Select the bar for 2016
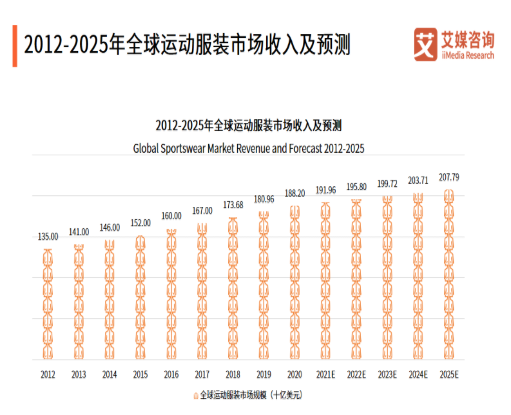coord(171,294)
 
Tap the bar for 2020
coord(294,283)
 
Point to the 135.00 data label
coord(48,236)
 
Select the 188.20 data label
coord(294,193)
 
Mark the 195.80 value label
coord(356,187)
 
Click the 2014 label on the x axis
coord(110,374)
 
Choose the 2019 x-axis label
coord(264,374)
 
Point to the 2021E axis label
coord(325,374)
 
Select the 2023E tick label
coord(387,374)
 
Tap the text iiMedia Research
coord(467,55)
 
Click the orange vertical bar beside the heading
coord(14,45)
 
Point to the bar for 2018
coord(233,289)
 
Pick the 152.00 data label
coord(140,223)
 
